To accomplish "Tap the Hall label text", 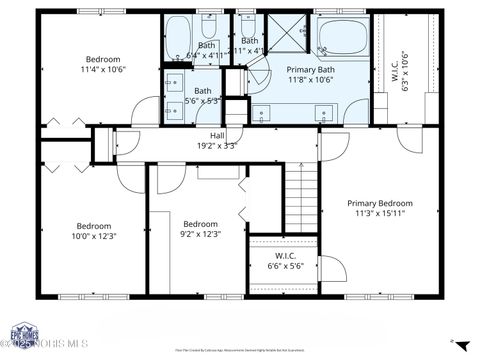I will [x=217, y=135].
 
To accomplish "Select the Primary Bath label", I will [x=309, y=70].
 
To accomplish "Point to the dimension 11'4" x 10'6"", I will [x=104, y=70].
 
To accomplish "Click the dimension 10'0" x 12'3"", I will [x=94, y=236].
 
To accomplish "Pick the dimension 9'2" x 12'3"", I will [x=200, y=234].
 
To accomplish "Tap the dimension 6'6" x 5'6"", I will [x=283, y=267].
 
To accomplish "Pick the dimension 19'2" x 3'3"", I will [x=217, y=145].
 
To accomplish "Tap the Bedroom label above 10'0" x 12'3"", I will [x=94, y=226].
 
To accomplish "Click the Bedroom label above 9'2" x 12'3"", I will [x=200, y=224].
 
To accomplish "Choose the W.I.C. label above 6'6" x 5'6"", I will [x=283, y=257].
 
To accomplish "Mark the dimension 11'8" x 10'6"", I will [x=309, y=81].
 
